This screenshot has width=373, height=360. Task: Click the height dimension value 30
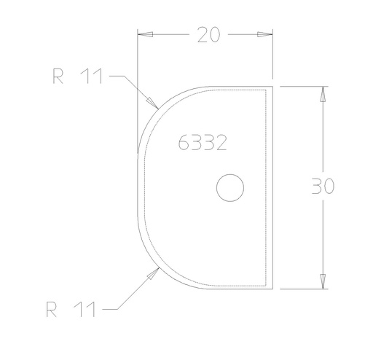tap(323, 187)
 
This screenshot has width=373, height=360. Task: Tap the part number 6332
tap(203, 143)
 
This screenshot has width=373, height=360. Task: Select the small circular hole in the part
tap(230, 187)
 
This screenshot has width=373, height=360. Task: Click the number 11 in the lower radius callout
tap(87, 310)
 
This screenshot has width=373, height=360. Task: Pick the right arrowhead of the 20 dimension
tap(264, 35)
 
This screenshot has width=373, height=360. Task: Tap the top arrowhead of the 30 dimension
tap(321, 94)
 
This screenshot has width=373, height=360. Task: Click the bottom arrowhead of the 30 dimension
tap(321, 281)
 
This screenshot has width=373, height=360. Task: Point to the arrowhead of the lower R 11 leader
tap(155, 272)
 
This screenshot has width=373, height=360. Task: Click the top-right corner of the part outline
tap(272, 86)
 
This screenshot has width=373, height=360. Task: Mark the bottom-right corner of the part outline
tap(272, 289)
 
